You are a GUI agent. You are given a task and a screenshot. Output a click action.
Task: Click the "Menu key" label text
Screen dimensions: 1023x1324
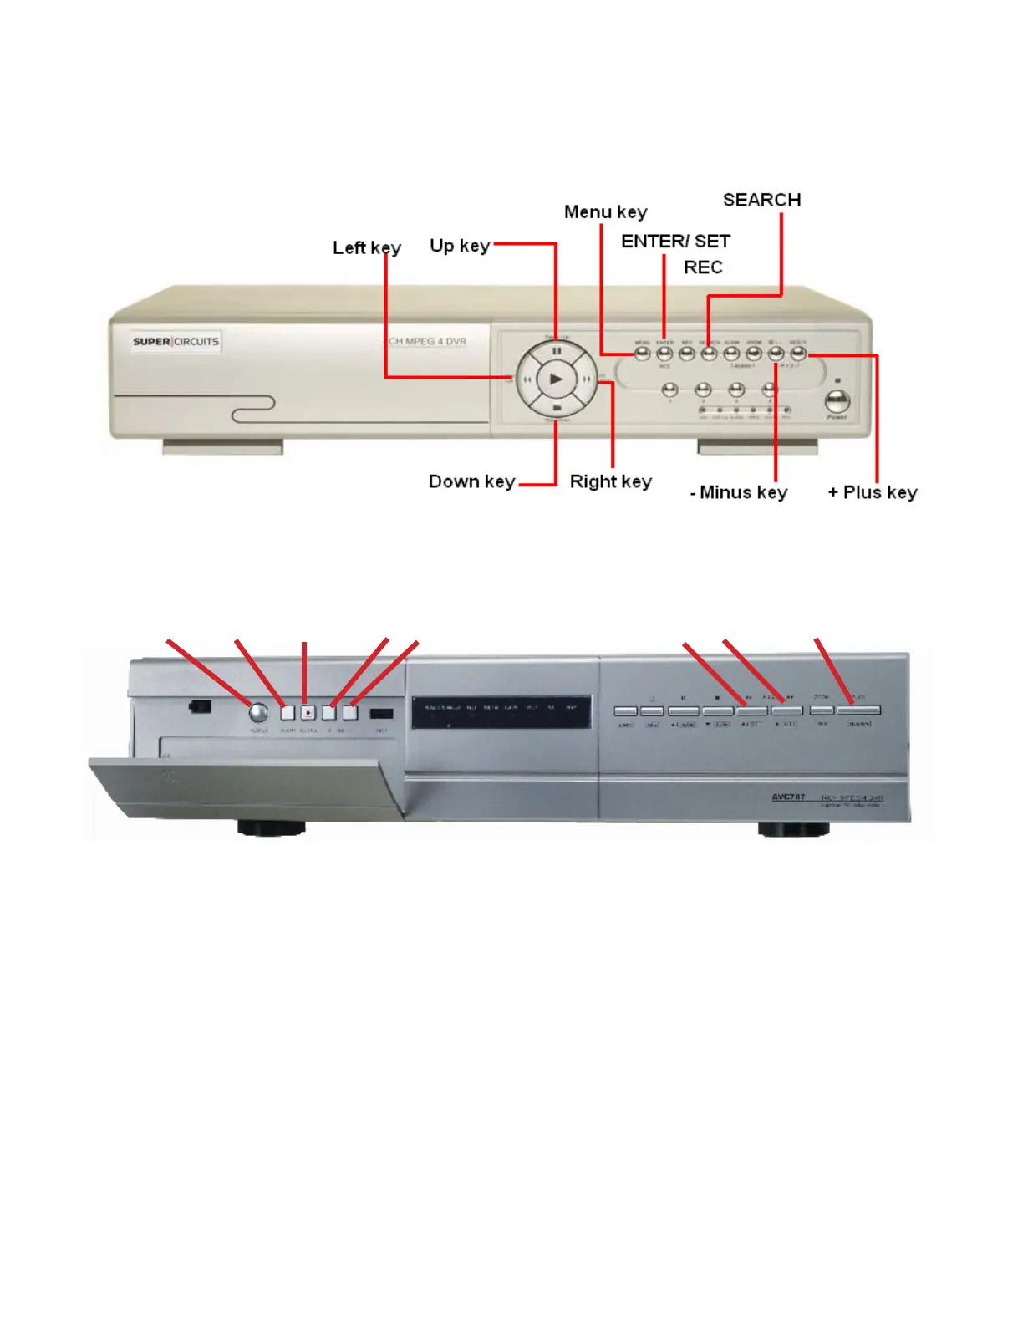[605, 212]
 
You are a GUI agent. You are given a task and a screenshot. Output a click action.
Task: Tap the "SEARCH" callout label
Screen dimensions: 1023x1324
[761, 200]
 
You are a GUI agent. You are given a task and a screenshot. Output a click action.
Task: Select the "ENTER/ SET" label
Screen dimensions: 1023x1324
[675, 242]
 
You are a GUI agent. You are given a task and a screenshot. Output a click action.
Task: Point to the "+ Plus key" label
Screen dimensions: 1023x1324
[872, 492]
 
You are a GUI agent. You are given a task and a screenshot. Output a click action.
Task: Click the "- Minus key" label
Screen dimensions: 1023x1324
[739, 492]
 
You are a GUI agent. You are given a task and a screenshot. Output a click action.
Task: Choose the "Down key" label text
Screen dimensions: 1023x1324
[471, 481]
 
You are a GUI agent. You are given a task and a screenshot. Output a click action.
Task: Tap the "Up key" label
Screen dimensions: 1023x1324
[460, 246]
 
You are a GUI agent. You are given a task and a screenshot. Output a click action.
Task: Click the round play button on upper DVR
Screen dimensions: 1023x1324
[556, 379]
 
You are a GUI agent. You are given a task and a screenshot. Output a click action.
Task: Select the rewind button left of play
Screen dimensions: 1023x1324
[527, 379]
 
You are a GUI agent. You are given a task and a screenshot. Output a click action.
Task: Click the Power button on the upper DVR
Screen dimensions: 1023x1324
[837, 400]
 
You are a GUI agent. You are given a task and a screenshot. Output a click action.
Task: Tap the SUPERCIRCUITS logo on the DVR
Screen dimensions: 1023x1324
[176, 341]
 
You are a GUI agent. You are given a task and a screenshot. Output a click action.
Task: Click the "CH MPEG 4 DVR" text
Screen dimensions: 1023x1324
[427, 341]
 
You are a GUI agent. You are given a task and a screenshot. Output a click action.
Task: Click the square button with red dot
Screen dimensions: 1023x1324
[308, 713]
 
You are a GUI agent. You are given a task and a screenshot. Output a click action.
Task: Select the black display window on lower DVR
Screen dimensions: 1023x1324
[501, 713]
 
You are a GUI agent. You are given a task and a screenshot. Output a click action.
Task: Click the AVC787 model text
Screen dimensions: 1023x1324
[788, 797]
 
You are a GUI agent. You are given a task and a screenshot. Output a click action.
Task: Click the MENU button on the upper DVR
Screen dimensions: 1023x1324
[642, 354]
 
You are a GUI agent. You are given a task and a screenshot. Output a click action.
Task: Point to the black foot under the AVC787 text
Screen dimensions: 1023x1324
[793, 828]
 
